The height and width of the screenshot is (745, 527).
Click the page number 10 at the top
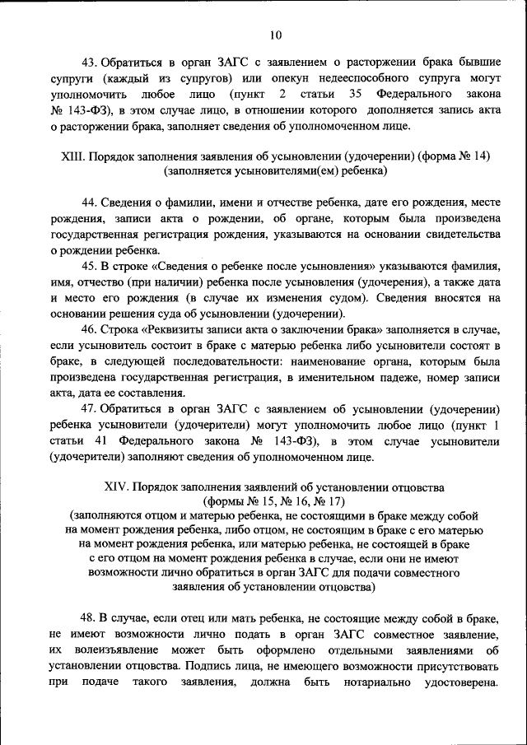click(274, 35)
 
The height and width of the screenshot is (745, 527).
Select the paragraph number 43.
click(89, 63)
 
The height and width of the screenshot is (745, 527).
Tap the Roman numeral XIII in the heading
click(75, 156)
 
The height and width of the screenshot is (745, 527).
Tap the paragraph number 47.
click(89, 408)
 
